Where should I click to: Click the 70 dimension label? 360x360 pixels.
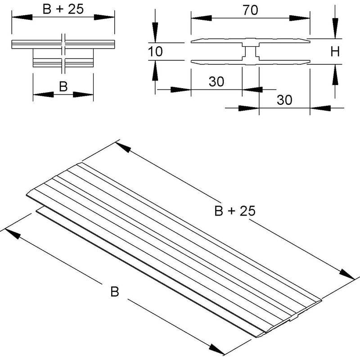pos(250,10)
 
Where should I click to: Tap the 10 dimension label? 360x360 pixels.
pos(155,51)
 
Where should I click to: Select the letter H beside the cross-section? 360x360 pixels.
pos(335,52)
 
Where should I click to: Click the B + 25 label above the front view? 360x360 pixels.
pos(63,9)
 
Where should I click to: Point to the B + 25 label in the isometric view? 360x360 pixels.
pos(234,211)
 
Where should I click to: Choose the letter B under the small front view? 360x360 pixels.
pos(63,87)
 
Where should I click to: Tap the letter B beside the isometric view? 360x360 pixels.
pos(115,291)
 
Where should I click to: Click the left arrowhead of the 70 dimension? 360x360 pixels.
pos(201,18)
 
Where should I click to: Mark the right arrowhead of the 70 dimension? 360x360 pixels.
pos(299,18)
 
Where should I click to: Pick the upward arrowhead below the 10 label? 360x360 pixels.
pos(155,71)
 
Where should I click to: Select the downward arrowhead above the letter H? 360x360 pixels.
pos(335,28)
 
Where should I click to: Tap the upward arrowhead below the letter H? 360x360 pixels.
pos(335,75)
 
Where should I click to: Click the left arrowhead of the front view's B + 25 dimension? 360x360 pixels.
pos(22,17)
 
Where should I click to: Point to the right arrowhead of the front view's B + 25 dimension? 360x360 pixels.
pos(104,17)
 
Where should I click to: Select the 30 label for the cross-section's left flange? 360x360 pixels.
pos(216,81)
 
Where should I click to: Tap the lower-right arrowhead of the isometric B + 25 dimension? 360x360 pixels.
pos(347,274)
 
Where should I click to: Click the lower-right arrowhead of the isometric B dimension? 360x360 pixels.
pos(216,349)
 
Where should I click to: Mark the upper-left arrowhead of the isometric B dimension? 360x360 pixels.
pos(13,234)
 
